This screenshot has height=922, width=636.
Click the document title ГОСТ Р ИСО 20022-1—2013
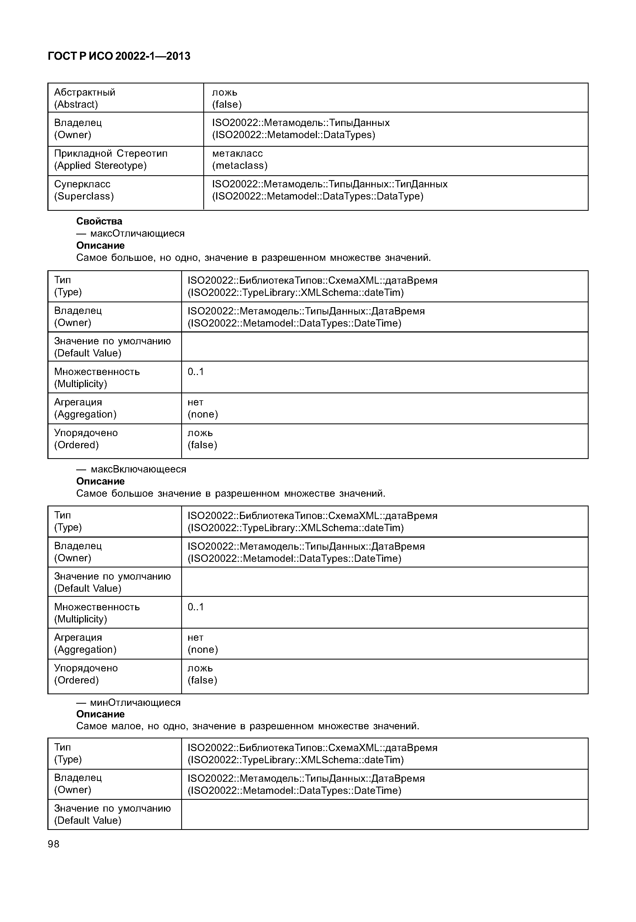(x=119, y=56)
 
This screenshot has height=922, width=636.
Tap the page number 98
(x=53, y=844)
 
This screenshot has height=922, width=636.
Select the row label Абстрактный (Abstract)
(x=85, y=98)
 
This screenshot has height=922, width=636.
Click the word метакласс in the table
(x=237, y=153)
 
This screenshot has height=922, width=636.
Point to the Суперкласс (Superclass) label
(x=84, y=190)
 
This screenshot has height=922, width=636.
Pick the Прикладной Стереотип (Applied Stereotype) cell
(x=110, y=159)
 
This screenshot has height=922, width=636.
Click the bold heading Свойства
(x=99, y=221)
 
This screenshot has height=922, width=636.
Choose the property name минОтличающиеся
(x=135, y=702)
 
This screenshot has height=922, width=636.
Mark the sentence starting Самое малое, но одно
(x=247, y=726)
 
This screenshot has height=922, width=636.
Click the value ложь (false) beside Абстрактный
(x=226, y=98)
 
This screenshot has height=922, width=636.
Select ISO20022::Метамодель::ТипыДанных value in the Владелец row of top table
(x=300, y=123)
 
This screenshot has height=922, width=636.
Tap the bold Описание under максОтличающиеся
(x=100, y=246)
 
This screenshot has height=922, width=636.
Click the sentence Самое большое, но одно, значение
(x=253, y=258)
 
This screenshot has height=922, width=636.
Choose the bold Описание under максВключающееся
(x=100, y=481)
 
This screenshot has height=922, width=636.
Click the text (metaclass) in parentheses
(x=239, y=165)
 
